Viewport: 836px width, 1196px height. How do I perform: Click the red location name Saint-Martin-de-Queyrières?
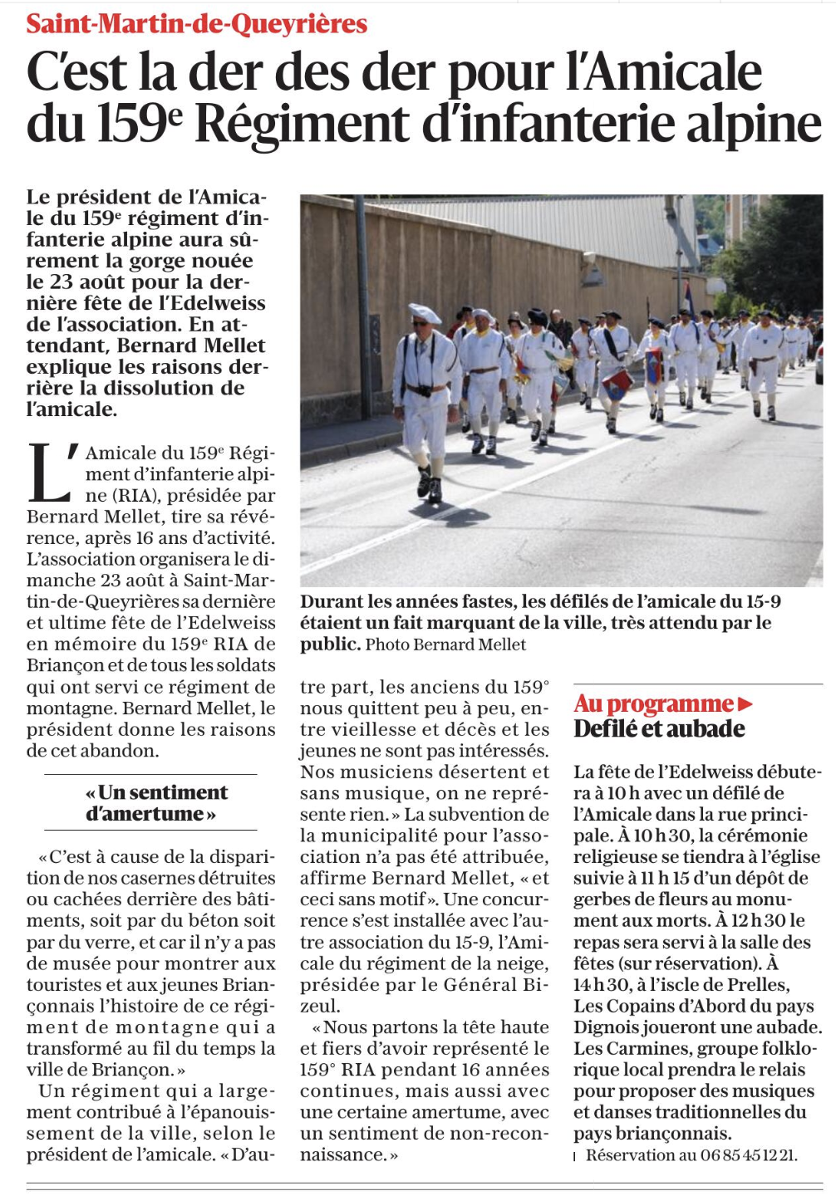tap(196, 23)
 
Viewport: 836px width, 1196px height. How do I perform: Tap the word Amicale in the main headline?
tap(664, 73)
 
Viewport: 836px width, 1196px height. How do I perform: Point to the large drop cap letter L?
tap(50, 474)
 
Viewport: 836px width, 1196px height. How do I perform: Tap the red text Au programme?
tap(653, 704)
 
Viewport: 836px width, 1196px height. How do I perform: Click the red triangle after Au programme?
tap(745, 704)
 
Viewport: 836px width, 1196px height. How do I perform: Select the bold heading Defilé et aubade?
tap(659, 729)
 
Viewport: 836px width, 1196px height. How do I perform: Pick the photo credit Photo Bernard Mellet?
tap(445, 645)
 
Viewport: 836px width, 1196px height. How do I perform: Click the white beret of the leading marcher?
tap(424, 313)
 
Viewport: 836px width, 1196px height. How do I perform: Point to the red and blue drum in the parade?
tap(617, 384)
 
